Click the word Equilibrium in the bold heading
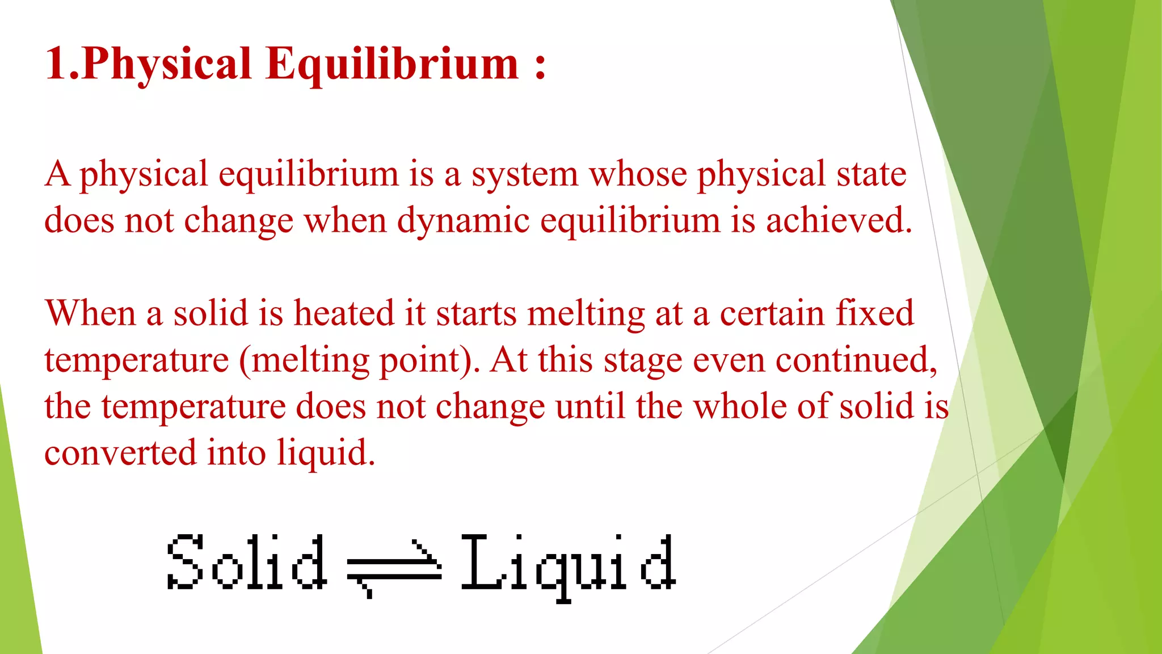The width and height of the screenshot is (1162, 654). coord(392,64)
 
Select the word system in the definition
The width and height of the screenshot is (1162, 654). coord(524,175)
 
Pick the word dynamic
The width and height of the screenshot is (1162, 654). coord(463,221)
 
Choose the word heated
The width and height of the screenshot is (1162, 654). coord(343,313)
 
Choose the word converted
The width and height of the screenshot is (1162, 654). coord(120,453)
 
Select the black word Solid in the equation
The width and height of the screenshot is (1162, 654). coord(246,562)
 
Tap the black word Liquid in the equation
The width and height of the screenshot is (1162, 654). coord(568,565)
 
